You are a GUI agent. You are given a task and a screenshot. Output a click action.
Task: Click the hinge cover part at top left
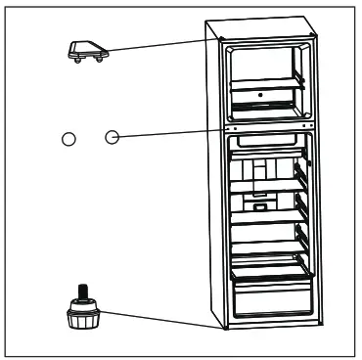point(85,52)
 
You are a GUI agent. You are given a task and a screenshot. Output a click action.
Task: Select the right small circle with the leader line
point(112,138)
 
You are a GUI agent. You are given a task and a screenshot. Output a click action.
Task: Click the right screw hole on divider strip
point(308,126)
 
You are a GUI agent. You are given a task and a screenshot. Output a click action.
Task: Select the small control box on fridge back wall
point(260,206)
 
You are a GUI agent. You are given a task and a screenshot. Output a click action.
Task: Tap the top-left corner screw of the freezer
point(226,44)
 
